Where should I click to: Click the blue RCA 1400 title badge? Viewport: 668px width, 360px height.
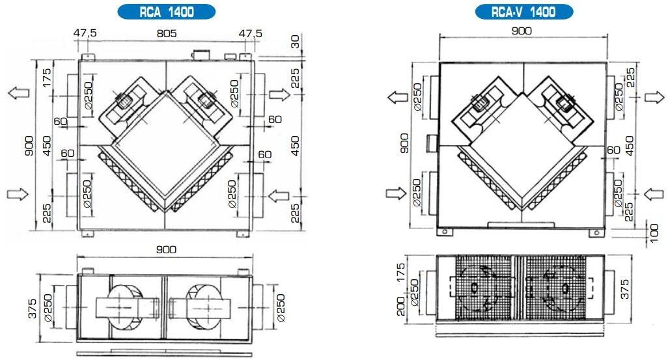[x=166, y=12]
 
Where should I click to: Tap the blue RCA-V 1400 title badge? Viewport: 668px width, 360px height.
[x=523, y=12]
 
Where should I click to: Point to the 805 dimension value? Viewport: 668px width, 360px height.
[x=166, y=33]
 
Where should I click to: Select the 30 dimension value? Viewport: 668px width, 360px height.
[x=296, y=41]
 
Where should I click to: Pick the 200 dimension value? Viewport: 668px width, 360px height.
[x=401, y=306]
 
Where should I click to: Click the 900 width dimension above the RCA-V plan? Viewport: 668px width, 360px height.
[x=522, y=31]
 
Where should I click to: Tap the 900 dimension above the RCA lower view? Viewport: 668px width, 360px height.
[x=166, y=249]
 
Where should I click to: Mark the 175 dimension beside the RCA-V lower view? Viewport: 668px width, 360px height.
[x=401, y=273]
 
